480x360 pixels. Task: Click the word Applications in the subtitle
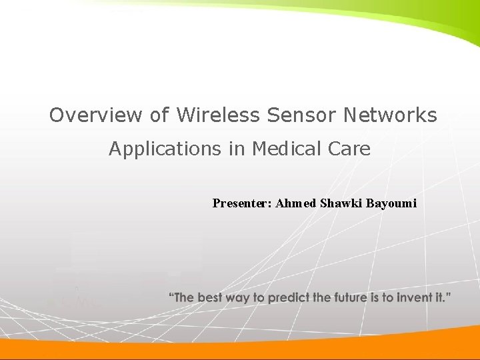[165, 149]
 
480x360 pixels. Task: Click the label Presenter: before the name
[242, 203]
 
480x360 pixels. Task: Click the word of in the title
[159, 115]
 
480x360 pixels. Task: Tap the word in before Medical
[237, 149]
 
